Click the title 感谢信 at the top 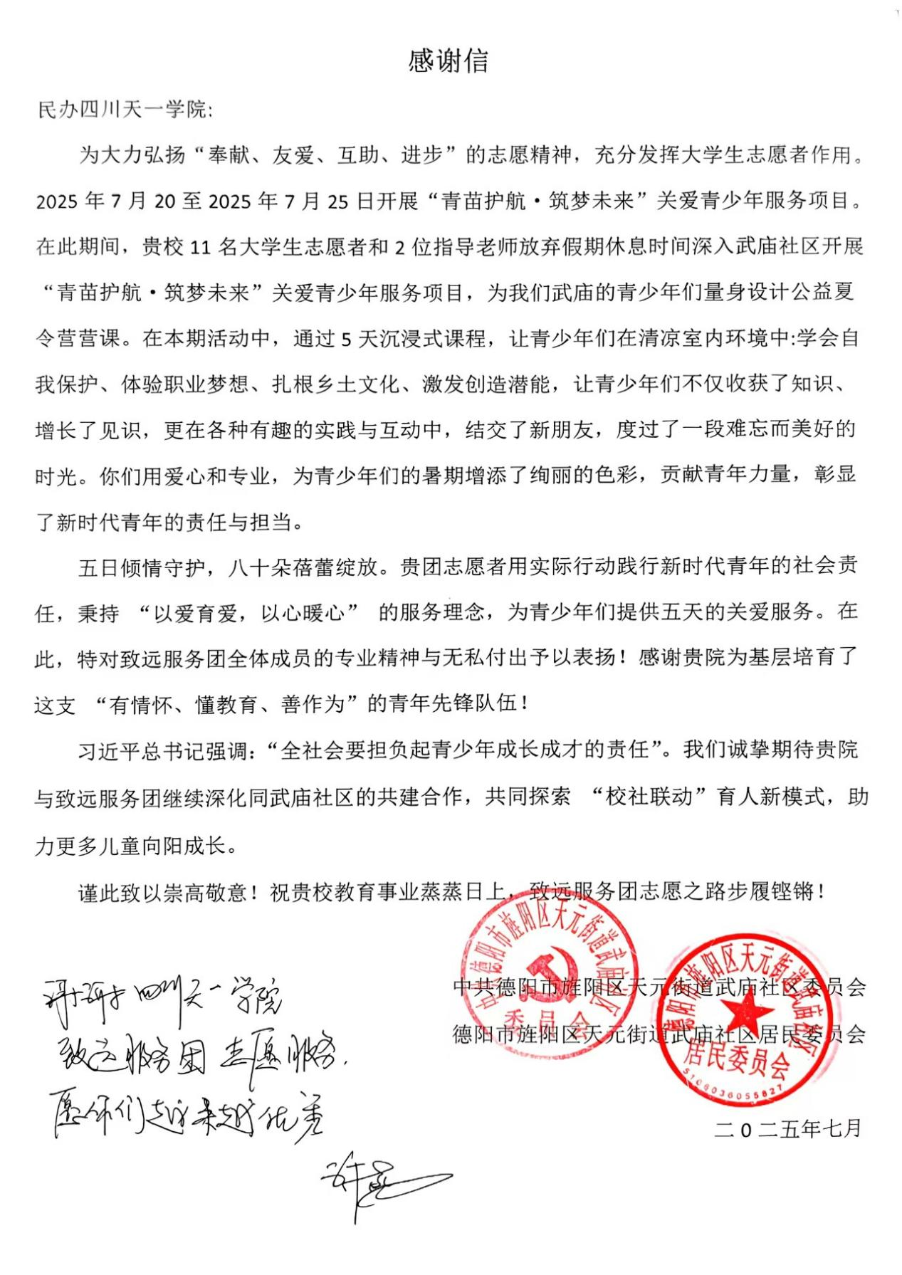tap(449, 62)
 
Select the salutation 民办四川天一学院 tap(121, 110)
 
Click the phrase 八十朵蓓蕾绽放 tap(303, 567)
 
